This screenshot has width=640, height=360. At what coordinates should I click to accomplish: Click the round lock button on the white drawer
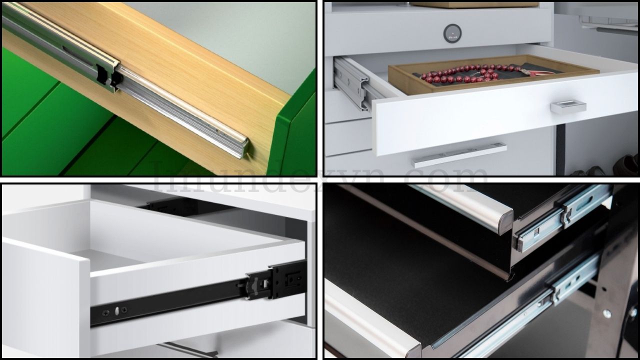452,33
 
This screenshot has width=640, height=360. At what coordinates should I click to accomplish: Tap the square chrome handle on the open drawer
568,106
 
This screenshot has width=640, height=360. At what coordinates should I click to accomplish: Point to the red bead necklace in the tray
460,74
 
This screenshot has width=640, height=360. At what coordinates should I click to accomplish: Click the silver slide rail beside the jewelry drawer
353,83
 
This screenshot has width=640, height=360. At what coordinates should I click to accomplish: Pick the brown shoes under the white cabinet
628,164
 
